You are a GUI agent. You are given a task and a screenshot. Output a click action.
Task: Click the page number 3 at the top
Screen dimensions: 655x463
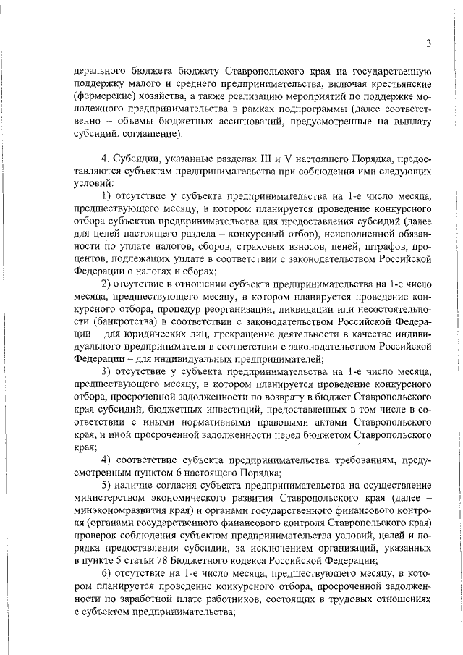[428, 43]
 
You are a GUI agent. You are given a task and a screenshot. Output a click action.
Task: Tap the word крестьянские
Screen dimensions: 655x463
[402, 84]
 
